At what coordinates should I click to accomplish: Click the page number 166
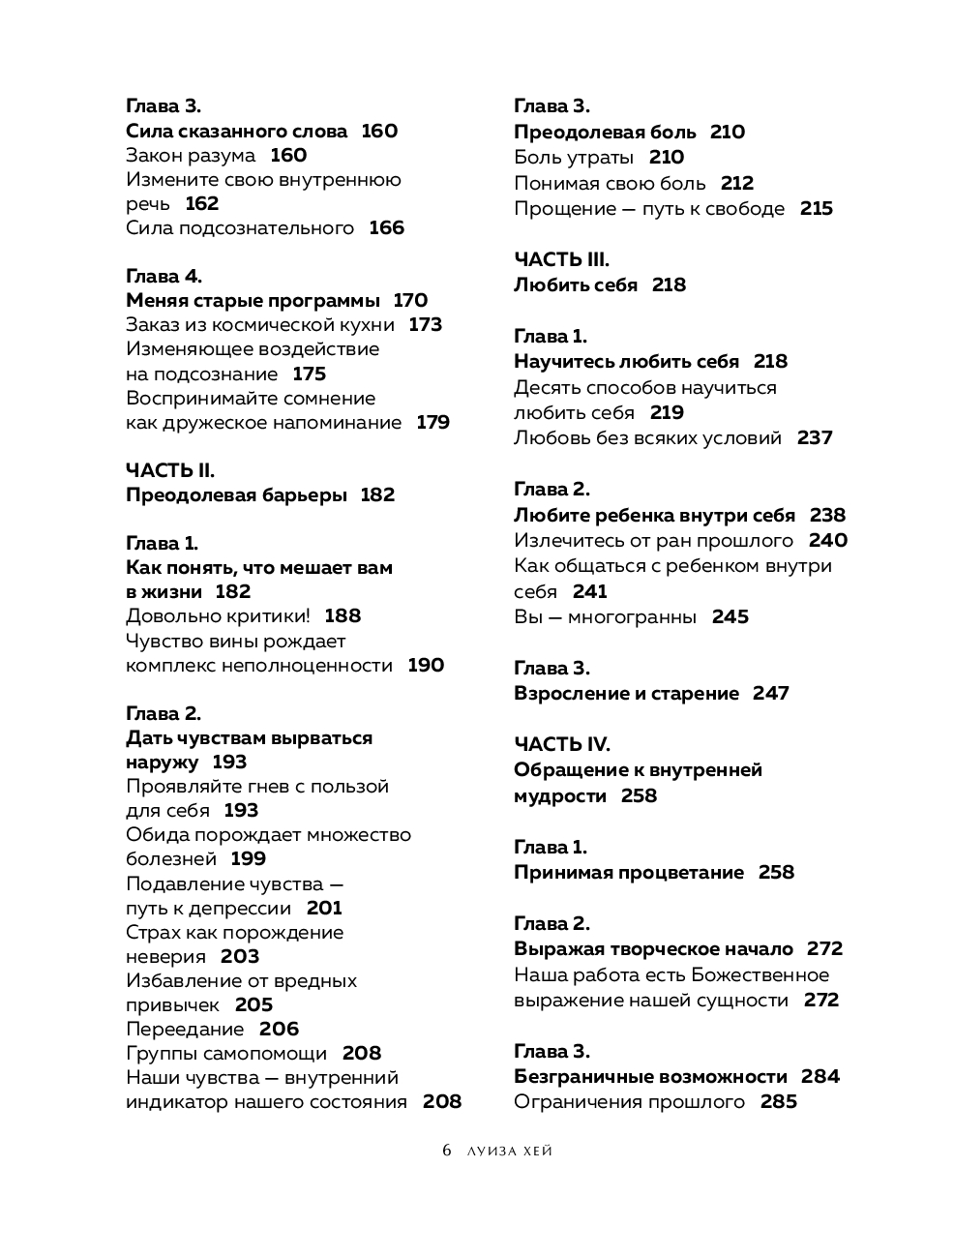pyautogui.click(x=386, y=228)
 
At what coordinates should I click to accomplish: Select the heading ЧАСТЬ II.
pyautogui.click(x=170, y=471)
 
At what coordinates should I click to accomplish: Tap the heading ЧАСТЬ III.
pyautogui.click(x=561, y=259)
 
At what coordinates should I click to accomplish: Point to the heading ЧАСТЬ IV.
pyautogui.click(x=561, y=744)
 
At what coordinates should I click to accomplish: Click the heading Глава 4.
pyautogui.click(x=164, y=277)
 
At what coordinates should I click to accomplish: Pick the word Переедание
pyautogui.click(x=185, y=1030)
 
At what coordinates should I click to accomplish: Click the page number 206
pyautogui.click(x=279, y=1030)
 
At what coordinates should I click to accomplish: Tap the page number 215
pyautogui.click(x=816, y=209)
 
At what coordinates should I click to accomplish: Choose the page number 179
pyautogui.click(x=432, y=423)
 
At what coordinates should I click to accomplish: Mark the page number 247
pyautogui.click(x=770, y=694)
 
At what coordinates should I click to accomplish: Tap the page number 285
pyautogui.click(x=778, y=1102)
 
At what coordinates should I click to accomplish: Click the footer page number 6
pyautogui.click(x=446, y=1151)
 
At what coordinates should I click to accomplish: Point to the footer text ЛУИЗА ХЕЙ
pyautogui.click(x=509, y=1152)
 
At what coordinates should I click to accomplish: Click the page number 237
pyautogui.click(x=815, y=438)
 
